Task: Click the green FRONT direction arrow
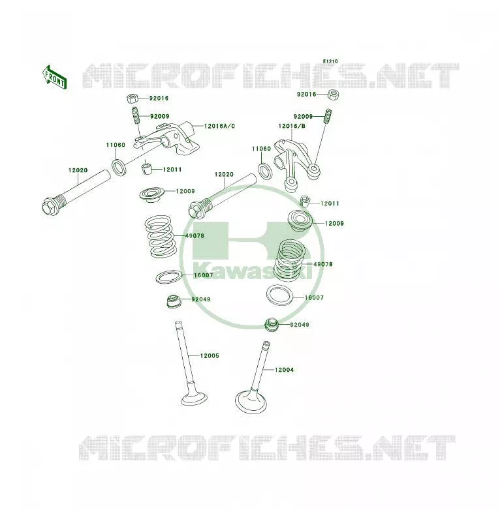point(55,78)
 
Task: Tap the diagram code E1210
point(330,61)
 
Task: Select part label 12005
point(210,355)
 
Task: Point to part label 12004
point(284,370)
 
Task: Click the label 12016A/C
point(219,126)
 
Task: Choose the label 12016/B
point(292,126)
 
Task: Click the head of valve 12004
point(251,402)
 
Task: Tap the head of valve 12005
point(195,398)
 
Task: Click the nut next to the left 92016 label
point(133,98)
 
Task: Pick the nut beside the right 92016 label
point(333,95)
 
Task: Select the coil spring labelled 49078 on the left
point(161,237)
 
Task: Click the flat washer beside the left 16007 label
point(168,277)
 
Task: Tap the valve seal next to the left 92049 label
point(174,301)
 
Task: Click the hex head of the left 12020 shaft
point(50,206)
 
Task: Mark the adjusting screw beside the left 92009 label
point(136,115)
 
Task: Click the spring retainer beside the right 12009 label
point(300,221)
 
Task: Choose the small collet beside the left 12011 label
point(147,169)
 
